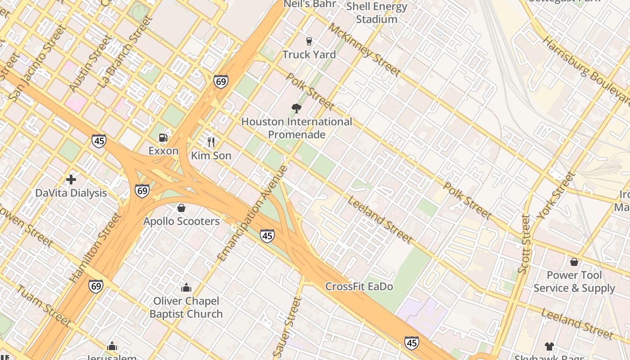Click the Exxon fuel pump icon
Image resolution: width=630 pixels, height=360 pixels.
tap(163, 138)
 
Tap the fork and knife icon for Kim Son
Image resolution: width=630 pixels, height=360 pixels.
tap(211, 142)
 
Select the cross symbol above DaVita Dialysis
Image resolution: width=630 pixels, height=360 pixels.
tap(71, 180)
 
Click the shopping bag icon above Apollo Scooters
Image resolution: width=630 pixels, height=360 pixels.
tap(181, 208)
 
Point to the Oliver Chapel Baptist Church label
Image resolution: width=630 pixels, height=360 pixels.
tap(186, 307)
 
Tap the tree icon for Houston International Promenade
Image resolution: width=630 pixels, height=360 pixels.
tap(296, 108)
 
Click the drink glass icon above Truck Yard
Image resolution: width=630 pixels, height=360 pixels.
tap(309, 41)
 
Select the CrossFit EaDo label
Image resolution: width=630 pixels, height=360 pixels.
tap(359, 287)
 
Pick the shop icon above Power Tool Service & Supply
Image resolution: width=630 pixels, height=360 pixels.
tap(574, 262)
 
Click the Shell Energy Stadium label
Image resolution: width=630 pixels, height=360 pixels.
tap(377, 13)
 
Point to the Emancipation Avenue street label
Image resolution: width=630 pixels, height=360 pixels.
tap(253, 213)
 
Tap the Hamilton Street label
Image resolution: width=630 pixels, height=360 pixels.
tap(96, 248)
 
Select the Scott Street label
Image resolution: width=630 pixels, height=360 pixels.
tap(524, 244)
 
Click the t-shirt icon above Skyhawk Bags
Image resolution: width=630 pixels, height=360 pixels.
tap(549, 346)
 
